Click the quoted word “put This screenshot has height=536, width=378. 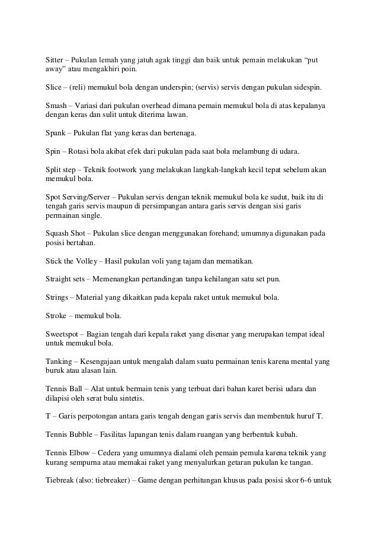pos(318,61)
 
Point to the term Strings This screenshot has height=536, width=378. pos(58,296)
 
